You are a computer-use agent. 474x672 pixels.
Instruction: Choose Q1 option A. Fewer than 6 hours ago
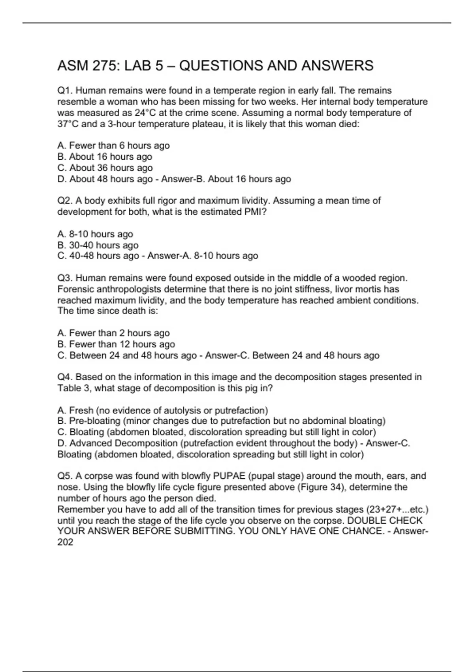coord(113,145)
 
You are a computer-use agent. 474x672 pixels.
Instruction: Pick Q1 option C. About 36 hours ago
coord(105,168)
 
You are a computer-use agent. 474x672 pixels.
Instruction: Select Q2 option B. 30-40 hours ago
coord(98,245)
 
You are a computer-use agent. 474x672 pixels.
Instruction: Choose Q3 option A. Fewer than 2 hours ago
coord(113,333)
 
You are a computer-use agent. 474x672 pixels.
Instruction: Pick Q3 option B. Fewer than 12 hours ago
coord(116,344)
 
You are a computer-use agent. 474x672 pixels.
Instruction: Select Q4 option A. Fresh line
coord(163,410)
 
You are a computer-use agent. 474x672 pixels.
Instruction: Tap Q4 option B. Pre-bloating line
coord(221,421)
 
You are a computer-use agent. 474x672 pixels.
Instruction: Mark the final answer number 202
coord(65,542)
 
